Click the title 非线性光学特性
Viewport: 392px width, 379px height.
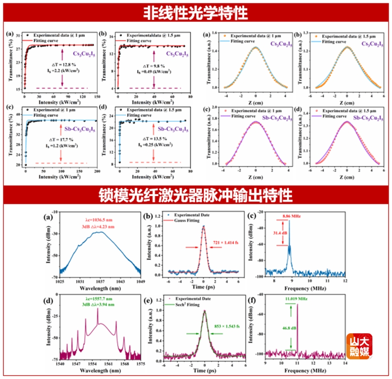(196, 12)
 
